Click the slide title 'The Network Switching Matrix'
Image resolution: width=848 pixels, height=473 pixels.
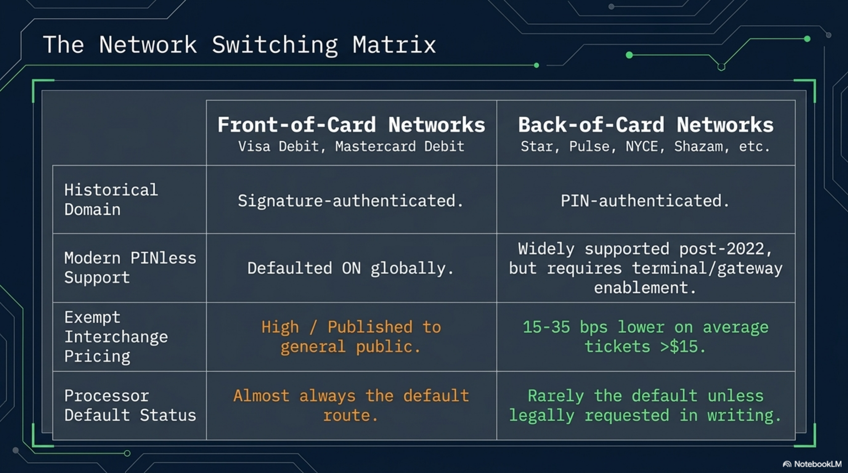(x=239, y=45)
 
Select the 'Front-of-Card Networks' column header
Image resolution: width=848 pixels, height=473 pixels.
(x=351, y=125)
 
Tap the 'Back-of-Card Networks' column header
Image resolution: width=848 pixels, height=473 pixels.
(x=646, y=125)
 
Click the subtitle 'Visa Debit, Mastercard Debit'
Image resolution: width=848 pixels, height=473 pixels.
(x=351, y=146)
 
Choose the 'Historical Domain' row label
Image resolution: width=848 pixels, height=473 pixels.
(x=111, y=200)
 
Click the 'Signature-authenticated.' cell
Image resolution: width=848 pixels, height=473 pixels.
(x=351, y=201)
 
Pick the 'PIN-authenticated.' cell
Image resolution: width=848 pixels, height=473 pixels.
(x=645, y=201)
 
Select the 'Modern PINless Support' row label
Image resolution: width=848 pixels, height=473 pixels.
(x=130, y=268)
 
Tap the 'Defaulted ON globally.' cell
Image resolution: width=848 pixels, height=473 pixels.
(x=351, y=269)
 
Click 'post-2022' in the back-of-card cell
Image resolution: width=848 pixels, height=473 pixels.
(x=721, y=249)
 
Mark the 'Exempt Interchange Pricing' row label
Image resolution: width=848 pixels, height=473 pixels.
(x=116, y=337)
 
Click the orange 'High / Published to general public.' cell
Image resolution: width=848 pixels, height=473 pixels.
(x=351, y=337)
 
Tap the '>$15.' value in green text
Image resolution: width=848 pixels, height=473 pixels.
(x=683, y=347)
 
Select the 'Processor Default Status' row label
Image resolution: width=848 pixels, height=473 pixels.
(x=130, y=406)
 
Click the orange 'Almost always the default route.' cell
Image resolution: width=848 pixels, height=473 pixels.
(x=351, y=406)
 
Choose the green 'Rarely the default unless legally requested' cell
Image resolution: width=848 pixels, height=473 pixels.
(x=645, y=406)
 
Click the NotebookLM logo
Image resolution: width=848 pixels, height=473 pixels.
(x=812, y=464)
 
